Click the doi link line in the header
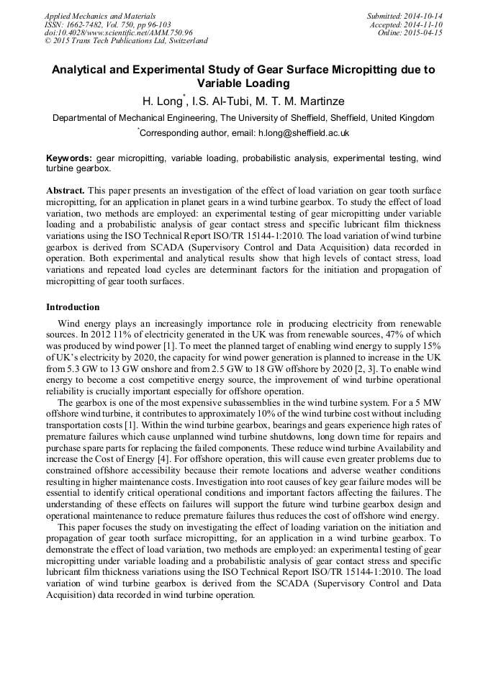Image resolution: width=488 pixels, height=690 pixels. click(x=118, y=32)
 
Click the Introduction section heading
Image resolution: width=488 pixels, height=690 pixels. click(x=73, y=307)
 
